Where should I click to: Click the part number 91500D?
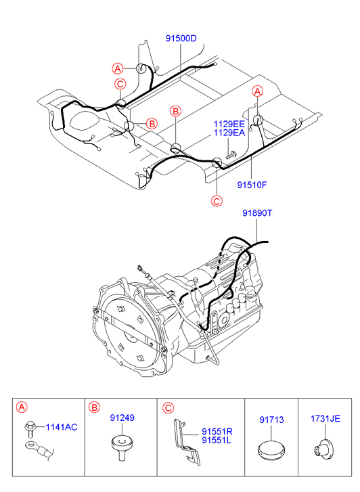[x=181, y=39]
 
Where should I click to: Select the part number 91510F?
[x=252, y=185]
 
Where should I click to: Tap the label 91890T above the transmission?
[x=257, y=213]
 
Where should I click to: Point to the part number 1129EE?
[x=229, y=124]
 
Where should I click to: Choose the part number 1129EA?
[x=229, y=133]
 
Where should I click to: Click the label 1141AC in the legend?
[x=62, y=427]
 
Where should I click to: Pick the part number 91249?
[x=122, y=418]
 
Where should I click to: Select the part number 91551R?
[x=217, y=432]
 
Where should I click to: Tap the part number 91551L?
[x=217, y=440]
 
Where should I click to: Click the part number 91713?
[x=271, y=420]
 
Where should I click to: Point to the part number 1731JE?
[x=325, y=419]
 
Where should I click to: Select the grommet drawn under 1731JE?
[x=324, y=448]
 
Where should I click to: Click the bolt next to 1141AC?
[x=30, y=429]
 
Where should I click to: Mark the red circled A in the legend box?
[x=22, y=407]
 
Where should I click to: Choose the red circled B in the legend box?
[x=94, y=407]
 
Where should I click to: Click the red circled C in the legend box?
[x=168, y=408]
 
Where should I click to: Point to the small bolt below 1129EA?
[x=231, y=155]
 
